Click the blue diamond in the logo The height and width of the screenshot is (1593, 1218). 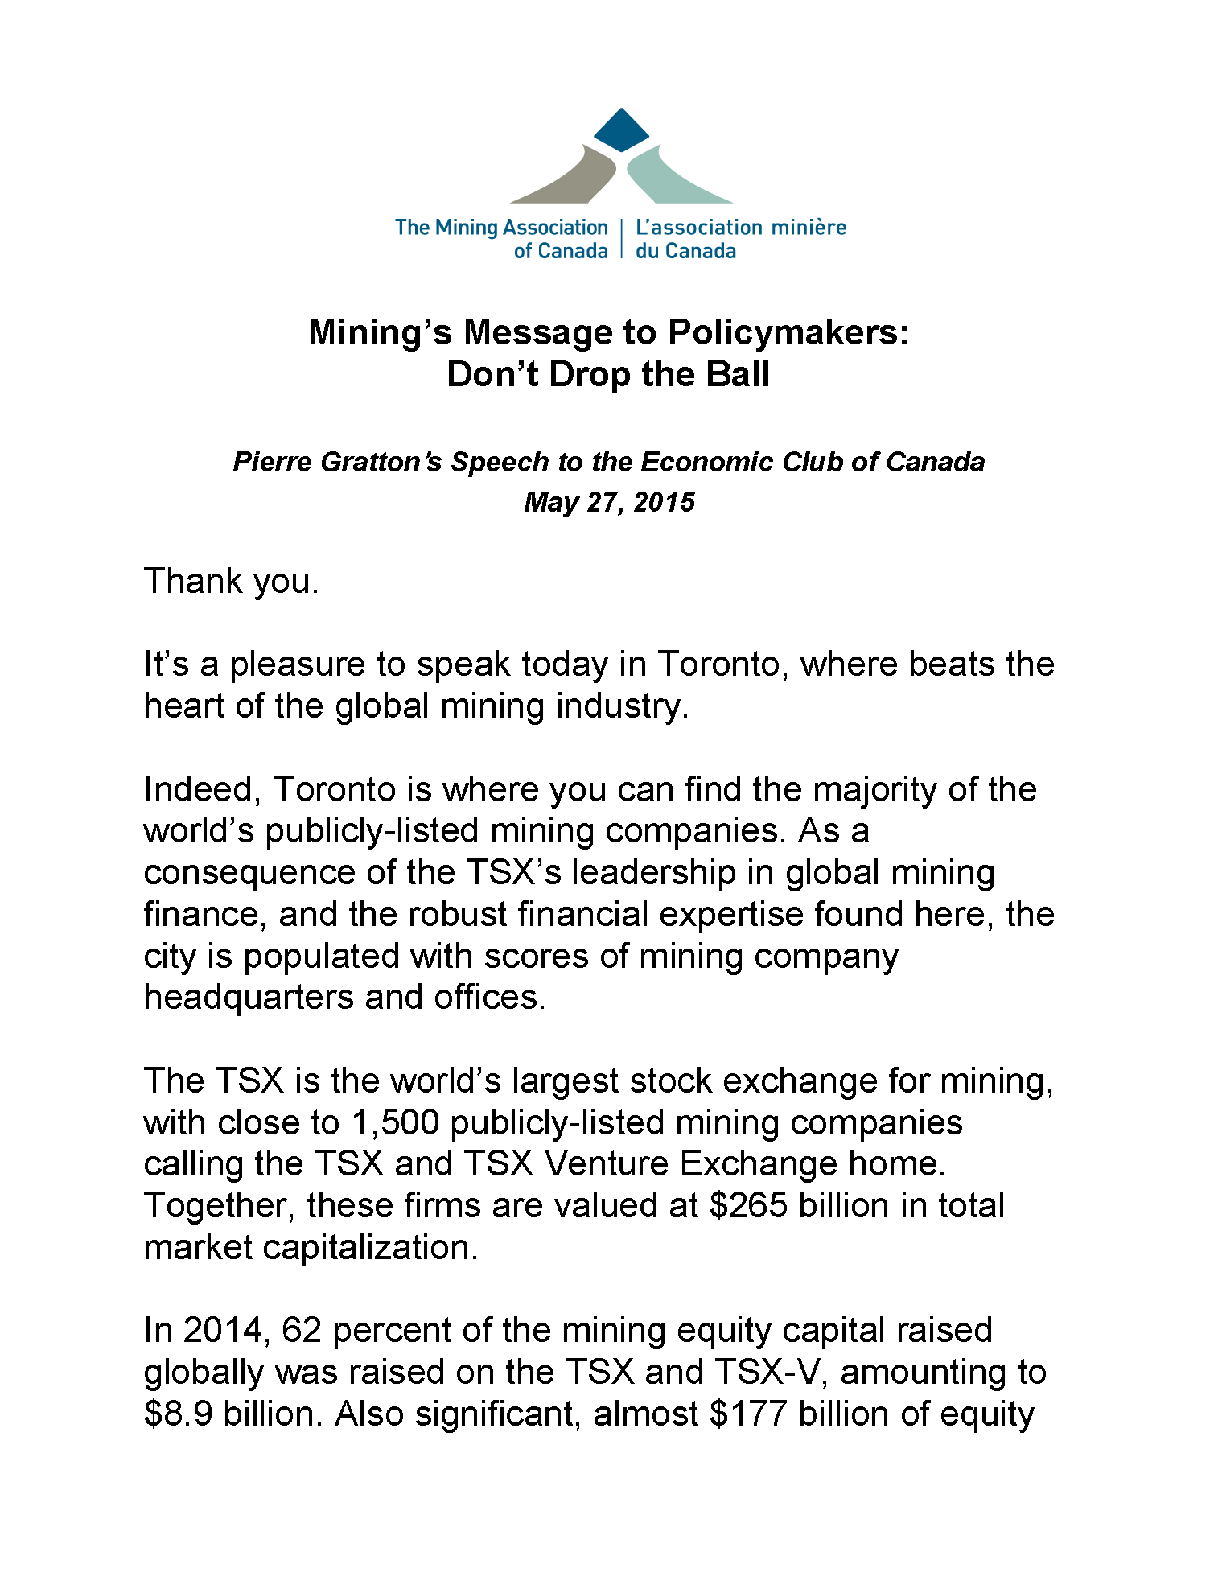point(621,130)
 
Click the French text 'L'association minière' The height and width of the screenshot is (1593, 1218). point(741,228)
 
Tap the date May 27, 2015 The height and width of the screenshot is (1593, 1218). point(609,502)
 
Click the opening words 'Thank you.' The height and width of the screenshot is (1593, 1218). point(232,581)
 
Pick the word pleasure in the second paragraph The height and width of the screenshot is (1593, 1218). point(298,665)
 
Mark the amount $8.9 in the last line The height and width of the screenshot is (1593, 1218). point(178,1414)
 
